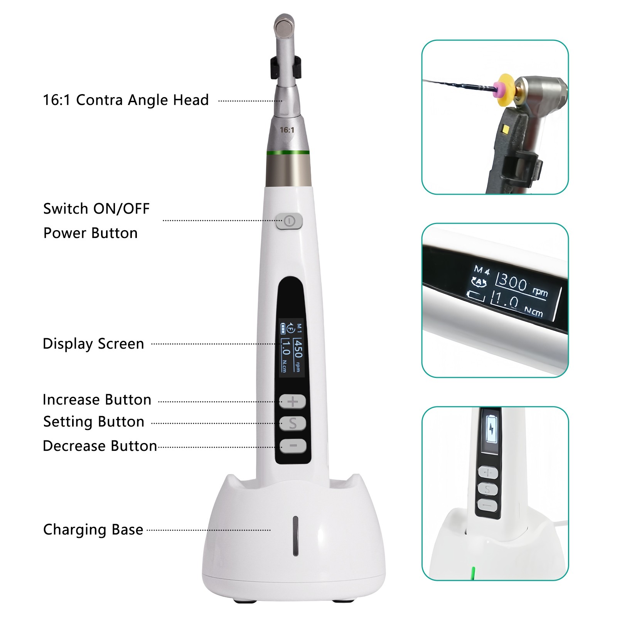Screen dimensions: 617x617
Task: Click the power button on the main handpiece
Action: [x=289, y=221]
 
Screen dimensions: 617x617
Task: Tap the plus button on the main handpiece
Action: [x=293, y=401]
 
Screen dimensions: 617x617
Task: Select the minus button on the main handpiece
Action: [x=293, y=446]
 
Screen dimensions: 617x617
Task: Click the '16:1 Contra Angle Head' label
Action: [x=126, y=100]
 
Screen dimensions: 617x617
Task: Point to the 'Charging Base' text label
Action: [x=93, y=529]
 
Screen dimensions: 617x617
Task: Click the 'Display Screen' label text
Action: [x=93, y=344]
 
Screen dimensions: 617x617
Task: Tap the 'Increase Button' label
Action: [x=97, y=400]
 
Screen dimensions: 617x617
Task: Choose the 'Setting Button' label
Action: [x=94, y=422]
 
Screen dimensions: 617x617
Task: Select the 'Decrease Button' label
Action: [x=100, y=446]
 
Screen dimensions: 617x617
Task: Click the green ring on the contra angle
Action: [x=288, y=153]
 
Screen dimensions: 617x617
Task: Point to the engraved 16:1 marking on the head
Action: [x=287, y=130]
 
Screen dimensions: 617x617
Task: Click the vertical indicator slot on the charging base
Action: [x=296, y=536]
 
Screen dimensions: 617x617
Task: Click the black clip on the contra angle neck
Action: [x=285, y=66]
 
